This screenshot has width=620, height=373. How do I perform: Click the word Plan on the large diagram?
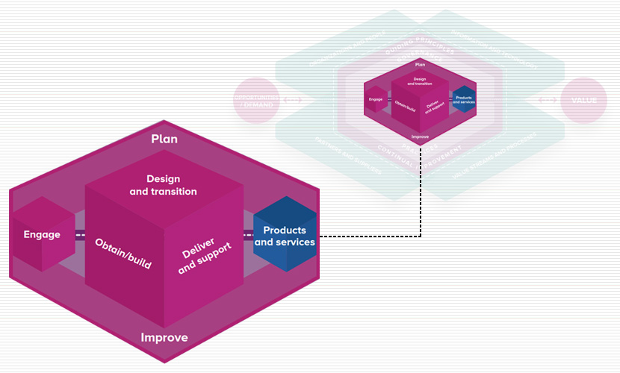(164, 139)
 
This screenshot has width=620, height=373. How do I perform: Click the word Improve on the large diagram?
(164, 338)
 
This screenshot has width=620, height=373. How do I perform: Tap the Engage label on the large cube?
(42, 234)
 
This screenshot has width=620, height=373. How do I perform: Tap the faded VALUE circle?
(583, 100)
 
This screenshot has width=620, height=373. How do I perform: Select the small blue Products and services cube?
(463, 100)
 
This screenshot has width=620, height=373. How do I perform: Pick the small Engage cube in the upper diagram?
(375, 99)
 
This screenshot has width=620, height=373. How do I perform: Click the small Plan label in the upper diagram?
(420, 64)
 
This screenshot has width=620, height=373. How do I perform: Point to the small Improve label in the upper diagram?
(420, 137)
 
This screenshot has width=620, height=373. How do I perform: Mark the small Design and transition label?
(419, 81)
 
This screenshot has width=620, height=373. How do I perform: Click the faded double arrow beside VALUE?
(545, 100)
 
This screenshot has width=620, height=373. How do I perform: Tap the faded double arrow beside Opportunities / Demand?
(294, 100)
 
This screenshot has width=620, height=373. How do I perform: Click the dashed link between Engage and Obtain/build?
(79, 234)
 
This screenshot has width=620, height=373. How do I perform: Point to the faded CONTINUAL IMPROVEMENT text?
(419, 154)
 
